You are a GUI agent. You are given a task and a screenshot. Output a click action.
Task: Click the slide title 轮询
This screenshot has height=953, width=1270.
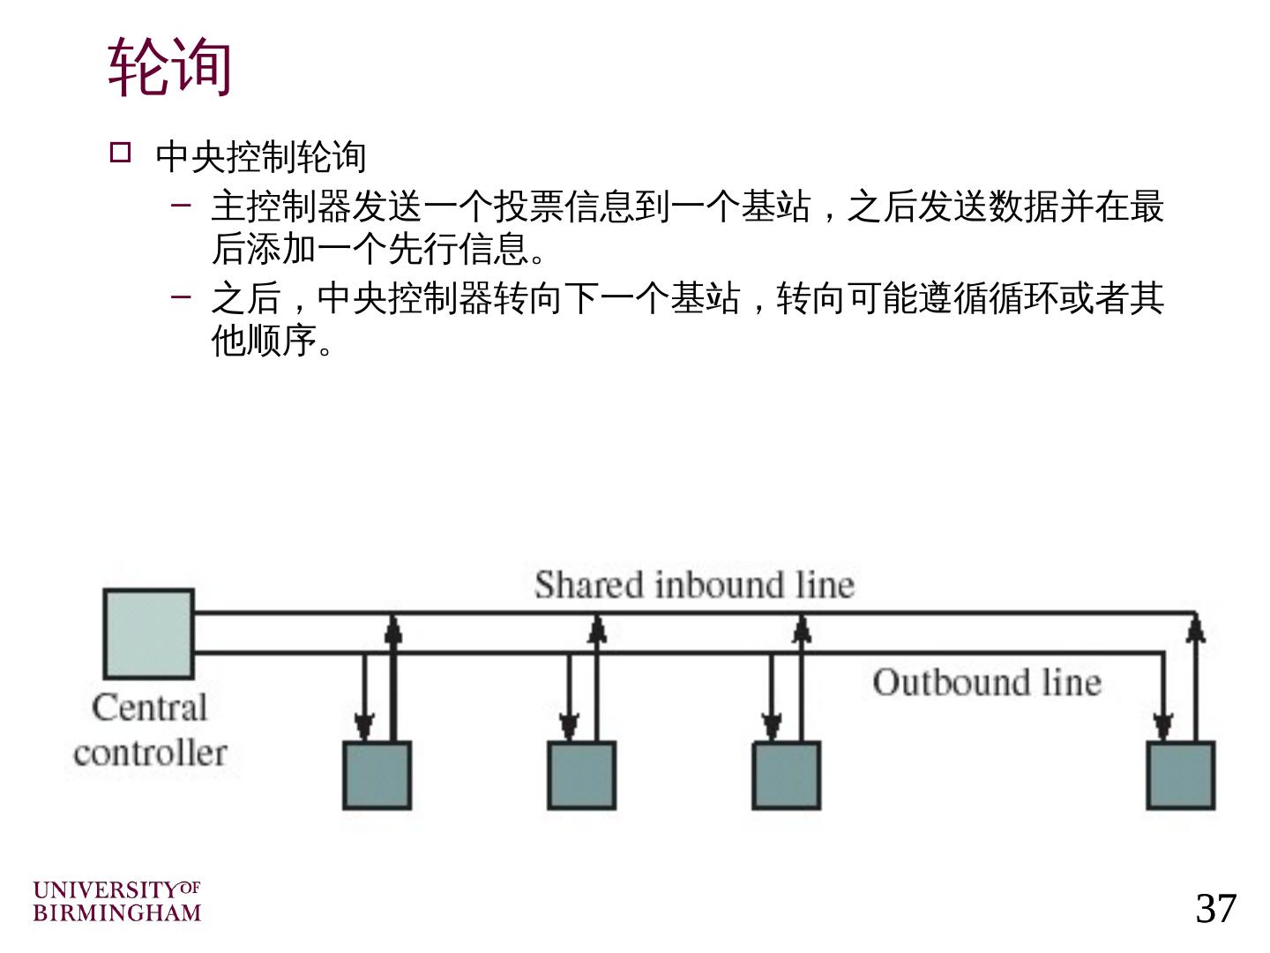coord(169,67)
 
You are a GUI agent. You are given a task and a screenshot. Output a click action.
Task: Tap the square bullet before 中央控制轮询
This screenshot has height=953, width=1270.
coord(120,153)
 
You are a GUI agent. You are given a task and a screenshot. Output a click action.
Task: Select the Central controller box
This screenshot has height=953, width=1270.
coord(148,634)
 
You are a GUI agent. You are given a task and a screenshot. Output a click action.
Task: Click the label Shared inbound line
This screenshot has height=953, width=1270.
coord(694,585)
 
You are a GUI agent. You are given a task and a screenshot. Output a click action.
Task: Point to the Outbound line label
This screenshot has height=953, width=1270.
coord(987,682)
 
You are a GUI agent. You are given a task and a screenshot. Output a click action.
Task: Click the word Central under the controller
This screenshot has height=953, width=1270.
coord(149,708)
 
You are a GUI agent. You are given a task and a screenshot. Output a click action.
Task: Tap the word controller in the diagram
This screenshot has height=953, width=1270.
coord(150,754)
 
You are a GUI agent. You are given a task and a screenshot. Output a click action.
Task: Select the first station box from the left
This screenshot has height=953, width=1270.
coord(377,776)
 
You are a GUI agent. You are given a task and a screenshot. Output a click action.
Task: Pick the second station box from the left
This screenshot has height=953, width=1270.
coord(581,776)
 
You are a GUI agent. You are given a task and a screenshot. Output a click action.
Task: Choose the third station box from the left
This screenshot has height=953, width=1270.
coord(786,776)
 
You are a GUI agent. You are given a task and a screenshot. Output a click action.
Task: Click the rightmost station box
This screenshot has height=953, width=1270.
coord(1180,776)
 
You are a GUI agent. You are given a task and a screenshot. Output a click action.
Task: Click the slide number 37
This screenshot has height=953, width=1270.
coord(1216,908)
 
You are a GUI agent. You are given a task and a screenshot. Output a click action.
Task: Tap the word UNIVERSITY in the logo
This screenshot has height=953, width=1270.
coord(105,890)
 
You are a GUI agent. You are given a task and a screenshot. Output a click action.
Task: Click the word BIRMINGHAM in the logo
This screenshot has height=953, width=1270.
coord(117,912)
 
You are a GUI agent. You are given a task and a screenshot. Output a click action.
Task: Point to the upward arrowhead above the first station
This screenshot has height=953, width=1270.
coord(393,627)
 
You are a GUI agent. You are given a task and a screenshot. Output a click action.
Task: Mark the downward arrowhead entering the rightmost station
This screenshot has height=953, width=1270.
coord(1163,726)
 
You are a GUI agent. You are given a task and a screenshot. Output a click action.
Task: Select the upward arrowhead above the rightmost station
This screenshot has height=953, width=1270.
coord(1196,627)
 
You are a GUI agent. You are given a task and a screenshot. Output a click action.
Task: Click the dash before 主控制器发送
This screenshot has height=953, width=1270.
coord(182,206)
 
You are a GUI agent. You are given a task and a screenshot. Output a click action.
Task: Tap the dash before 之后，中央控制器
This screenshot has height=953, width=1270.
coord(182,296)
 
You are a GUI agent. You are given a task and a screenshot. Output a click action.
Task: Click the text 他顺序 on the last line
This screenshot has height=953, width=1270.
coord(264,341)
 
